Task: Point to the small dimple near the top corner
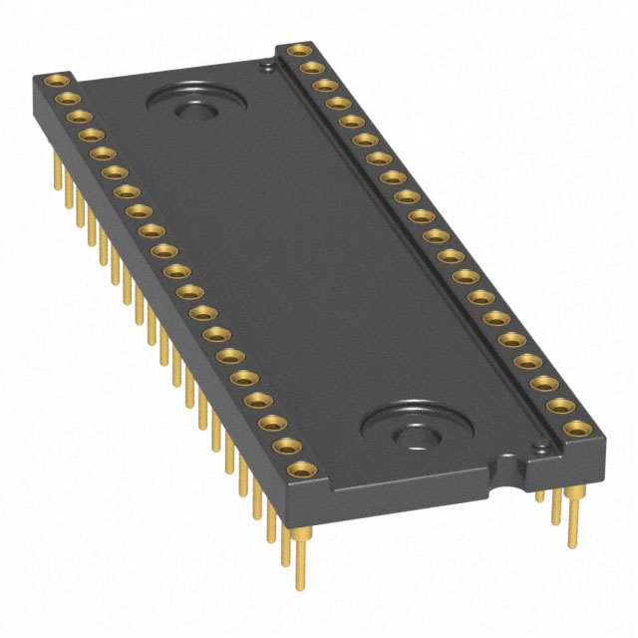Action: [x=266, y=68]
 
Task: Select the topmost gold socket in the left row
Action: [x=58, y=80]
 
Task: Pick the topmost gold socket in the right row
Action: [x=296, y=50]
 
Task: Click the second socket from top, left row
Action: [x=68, y=98]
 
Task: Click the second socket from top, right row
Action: [x=309, y=68]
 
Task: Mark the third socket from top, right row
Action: [x=322, y=86]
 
